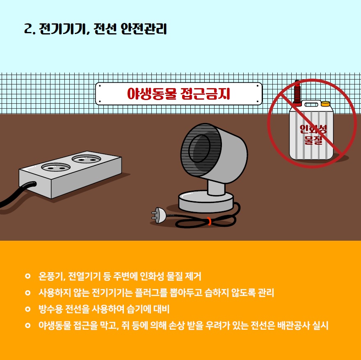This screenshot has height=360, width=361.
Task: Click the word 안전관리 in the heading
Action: pos(143,29)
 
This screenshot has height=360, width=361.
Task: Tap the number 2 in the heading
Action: pos(28,29)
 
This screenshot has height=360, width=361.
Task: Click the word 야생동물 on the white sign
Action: pos(152,93)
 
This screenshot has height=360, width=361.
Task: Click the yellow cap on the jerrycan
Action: pos(325,104)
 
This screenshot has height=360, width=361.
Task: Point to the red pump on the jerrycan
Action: pos(297,93)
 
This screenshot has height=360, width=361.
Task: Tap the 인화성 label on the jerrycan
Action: pos(313,129)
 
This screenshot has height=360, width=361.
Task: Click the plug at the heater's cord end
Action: pos(158,215)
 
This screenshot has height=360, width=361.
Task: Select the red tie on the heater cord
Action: pos(209,221)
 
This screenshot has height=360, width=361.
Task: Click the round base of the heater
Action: pos(206,201)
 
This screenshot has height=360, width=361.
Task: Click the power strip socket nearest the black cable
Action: pos(56,167)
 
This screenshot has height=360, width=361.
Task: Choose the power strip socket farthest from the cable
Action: pos(87,159)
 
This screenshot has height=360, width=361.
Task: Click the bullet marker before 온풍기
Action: pos(27,276)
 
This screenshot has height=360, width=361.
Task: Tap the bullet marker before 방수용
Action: pos(27,309)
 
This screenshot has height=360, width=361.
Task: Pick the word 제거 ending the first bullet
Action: pos(193,276)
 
